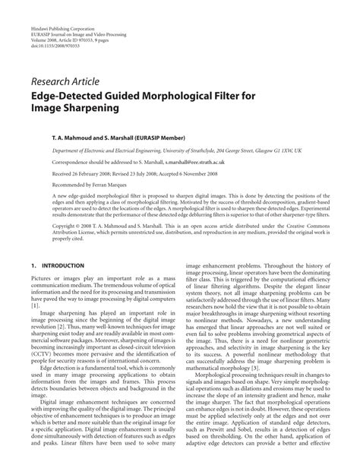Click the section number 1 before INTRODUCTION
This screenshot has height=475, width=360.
34,265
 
